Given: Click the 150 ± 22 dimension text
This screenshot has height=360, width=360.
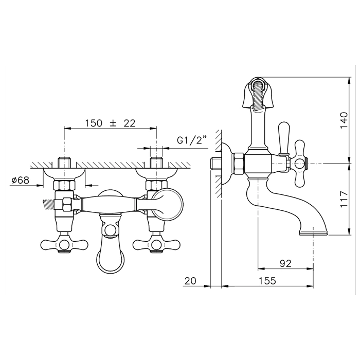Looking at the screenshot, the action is tap(111, 123).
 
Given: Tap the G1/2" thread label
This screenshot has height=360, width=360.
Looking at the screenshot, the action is tap(192, 140).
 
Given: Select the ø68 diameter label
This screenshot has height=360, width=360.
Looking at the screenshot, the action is tap(21, 180).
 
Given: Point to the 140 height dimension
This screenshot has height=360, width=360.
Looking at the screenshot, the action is tap(344, 120).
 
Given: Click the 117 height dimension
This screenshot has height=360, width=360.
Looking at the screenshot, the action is tap(344, 199).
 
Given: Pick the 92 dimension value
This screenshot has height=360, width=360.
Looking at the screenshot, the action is tap(285, 263).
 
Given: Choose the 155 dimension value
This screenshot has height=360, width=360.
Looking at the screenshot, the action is tap(267, 281).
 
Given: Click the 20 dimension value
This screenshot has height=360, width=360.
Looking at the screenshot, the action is tap(190, 281).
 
